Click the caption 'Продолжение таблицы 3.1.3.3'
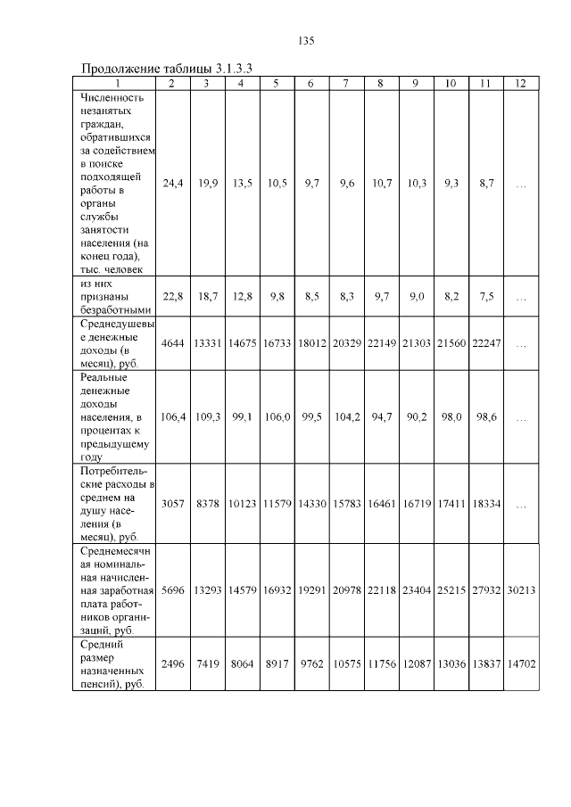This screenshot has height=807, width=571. pos(168,69)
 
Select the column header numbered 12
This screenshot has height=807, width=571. pos(520,83)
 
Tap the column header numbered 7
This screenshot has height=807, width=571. pos(345,83)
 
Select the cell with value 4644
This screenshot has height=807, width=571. pos(172,343)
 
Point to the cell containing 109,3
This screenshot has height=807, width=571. pos(207,416)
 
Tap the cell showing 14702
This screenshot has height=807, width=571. pos(520,664)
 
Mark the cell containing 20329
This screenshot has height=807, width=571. pos(345,343)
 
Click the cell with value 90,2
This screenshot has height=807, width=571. pos(416,416)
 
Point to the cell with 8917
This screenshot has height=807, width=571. pos(276,664)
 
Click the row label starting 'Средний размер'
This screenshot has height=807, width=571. pos(114,663)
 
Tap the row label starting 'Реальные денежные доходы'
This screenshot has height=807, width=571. pos(114,415)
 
